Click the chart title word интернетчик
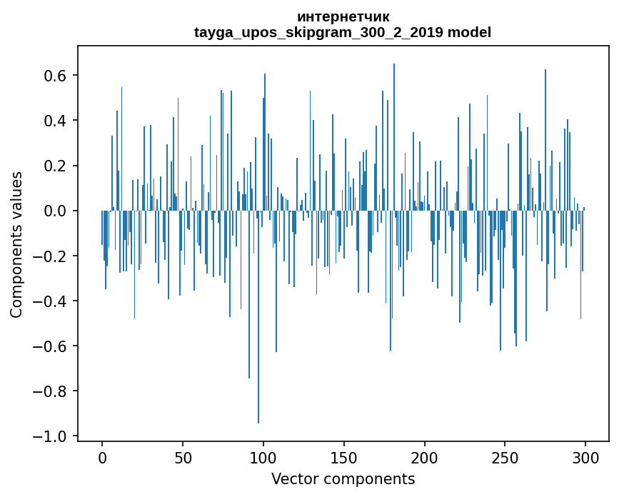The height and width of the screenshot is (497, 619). pos(343,16)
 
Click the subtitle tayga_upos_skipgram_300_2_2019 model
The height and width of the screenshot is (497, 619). pos(343,32)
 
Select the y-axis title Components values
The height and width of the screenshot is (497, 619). pos(16,244)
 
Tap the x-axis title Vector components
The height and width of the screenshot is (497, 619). pos(343,478)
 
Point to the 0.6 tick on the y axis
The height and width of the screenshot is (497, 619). pos(56,76)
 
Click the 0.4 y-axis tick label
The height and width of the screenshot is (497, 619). pos(56,121)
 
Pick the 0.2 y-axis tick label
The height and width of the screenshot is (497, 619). pos(56,166)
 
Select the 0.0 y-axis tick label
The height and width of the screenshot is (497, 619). pos(56,211)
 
